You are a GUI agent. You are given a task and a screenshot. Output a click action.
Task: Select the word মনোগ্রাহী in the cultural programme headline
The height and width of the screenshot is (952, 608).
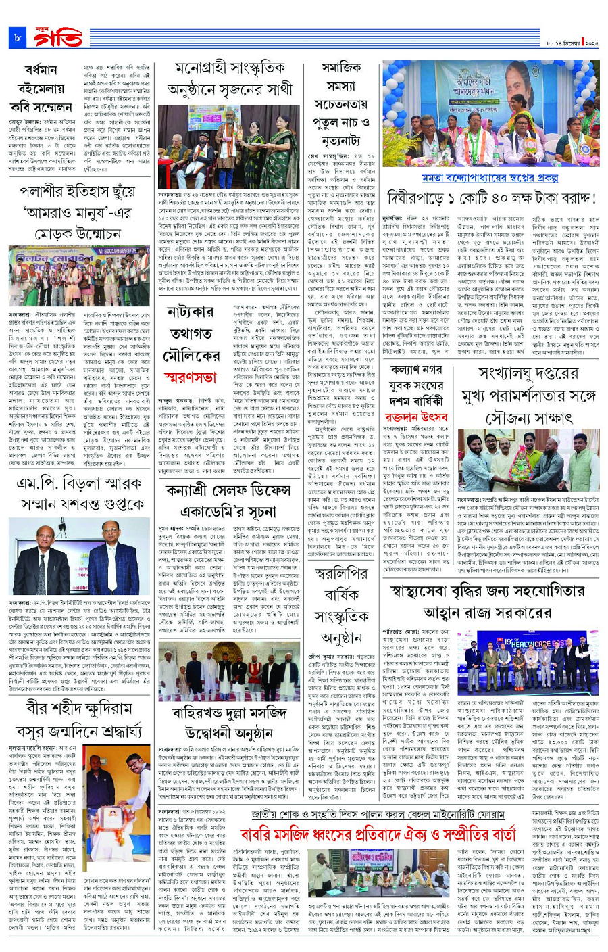pos(203,70)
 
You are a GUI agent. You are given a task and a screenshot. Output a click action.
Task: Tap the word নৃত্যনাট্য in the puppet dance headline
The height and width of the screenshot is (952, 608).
pos(341,141)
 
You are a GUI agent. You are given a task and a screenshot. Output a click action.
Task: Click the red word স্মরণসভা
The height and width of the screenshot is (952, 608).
pos(191,375)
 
